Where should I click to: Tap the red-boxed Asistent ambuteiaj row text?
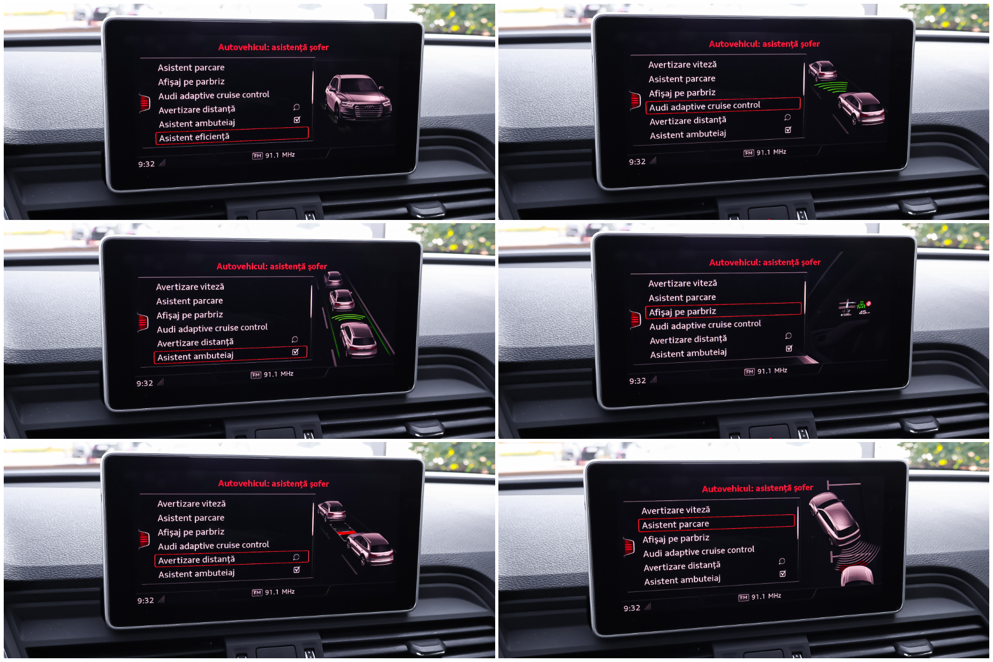pyautogui.click(x=195, y=356)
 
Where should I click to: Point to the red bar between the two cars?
pyautogui.click(x=346, y=532)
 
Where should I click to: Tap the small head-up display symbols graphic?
pyautogui.click(x=854, y=308)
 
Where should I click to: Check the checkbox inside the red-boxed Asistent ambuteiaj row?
pyautogui.click(x=295, y=352)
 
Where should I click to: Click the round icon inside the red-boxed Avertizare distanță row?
pyautogui.click(x=296, y=557)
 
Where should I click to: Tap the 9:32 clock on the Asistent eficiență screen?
pyautogui.click(x=146, y=164)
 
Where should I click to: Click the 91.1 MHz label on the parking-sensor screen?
pyautogui.click(x=766, y=596)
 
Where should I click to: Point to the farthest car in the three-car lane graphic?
pyautogui.click(x=333, y=278)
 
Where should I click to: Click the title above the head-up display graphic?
pyautogui.click(x=764, y=262)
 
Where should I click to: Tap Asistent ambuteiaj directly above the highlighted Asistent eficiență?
pyautogui.click(x=197, y=123)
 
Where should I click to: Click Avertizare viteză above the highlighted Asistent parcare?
pyautogui.click(x=676, y=510)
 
